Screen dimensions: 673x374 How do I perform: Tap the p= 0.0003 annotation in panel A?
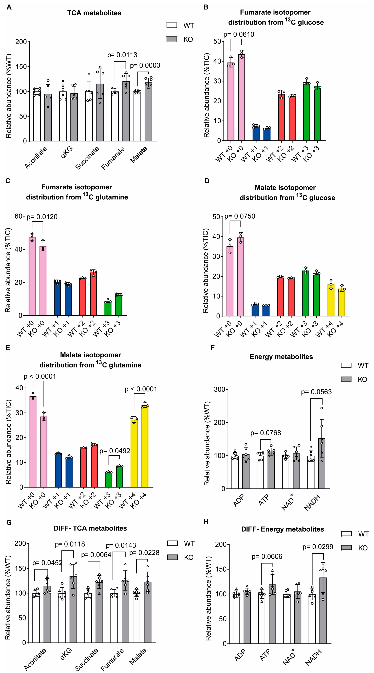(x=145, y=65)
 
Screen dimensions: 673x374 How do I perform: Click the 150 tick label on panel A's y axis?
(x=21, y=67)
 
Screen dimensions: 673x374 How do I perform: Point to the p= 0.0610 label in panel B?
(x=239, y=34)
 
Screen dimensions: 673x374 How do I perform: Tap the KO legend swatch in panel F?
(x=346, y=379)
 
